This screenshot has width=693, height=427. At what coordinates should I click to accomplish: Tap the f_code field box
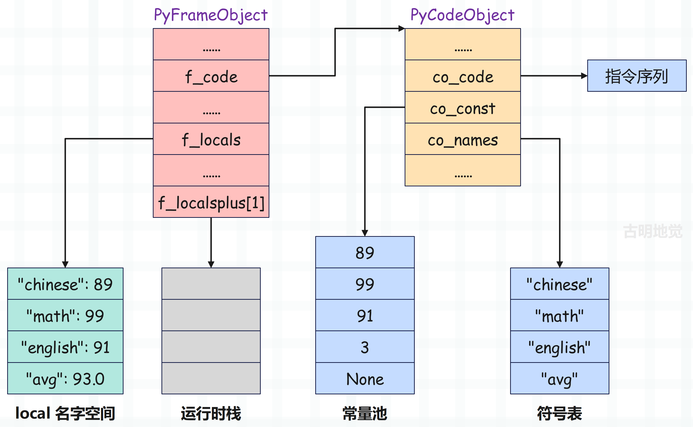coord(211,76)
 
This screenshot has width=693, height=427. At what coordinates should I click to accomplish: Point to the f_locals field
coord(211,139)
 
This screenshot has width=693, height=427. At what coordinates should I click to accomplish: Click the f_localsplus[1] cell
coord(211,202)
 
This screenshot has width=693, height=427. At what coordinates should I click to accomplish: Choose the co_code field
coord(463,76)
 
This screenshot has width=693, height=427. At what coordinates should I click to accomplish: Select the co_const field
coord(463,107)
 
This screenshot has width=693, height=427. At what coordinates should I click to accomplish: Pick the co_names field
coord(463,139)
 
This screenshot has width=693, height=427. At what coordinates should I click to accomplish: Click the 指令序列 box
coord(637,76)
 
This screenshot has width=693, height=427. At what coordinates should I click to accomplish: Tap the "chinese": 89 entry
coord(65,284)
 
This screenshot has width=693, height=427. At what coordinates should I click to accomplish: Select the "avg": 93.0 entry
coord(65,378)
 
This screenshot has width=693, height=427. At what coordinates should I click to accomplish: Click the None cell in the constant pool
coord(365,378)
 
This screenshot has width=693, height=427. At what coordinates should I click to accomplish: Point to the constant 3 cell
coord(365,347)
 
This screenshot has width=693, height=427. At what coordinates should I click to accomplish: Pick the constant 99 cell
coord(365,284)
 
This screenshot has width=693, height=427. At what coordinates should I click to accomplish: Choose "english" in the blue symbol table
coord(560,347)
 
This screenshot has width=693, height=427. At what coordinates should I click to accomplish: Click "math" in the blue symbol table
coord(560,315)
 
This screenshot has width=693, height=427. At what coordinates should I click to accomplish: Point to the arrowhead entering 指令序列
coord(584,76)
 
